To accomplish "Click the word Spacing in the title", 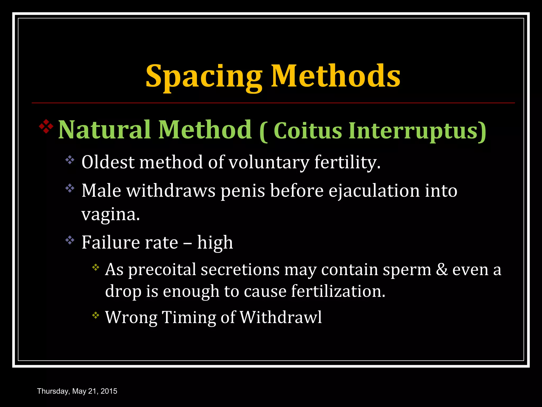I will pyautogui.click(x=204, y=77).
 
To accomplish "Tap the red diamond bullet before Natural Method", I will pyautogui.click(x=46, y=126).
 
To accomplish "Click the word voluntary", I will pyautogui.click(x=269, y=162).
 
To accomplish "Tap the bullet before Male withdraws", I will pyautogui.click(x=70, y=188).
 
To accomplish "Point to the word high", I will pyautogui.click(x=215, y=243).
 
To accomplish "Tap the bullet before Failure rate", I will pyautogui.click(x=70, y=240).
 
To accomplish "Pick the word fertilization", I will pyautogui.click(x=338, y=291).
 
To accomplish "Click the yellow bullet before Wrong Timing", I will pyautogui.click(x=96, y=315).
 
